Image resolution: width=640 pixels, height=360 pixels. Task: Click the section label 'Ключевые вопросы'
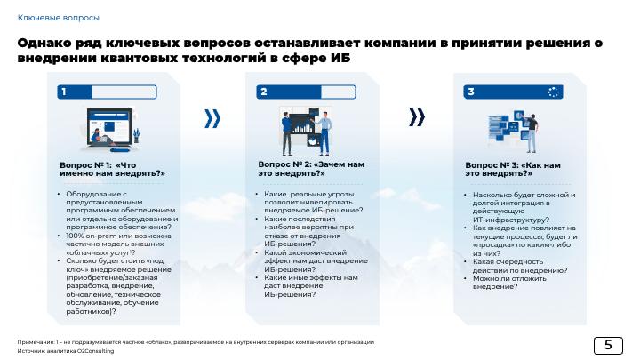59,18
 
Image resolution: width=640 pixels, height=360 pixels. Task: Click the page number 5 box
608,345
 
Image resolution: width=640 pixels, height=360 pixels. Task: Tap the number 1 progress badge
107,92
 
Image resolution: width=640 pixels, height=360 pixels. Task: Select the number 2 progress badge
306,92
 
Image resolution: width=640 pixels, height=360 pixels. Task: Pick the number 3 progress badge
513,92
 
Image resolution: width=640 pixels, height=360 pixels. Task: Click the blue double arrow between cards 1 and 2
212,118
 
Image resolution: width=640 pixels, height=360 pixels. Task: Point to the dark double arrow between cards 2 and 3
417,116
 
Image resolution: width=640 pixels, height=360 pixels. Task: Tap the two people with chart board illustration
306,131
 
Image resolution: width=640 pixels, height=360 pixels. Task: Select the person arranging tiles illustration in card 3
514,131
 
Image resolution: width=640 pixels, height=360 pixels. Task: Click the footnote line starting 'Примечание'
196,342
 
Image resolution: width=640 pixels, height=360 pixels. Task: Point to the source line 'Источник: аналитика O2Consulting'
66,351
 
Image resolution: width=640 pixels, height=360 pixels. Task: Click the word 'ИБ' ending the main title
340,58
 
